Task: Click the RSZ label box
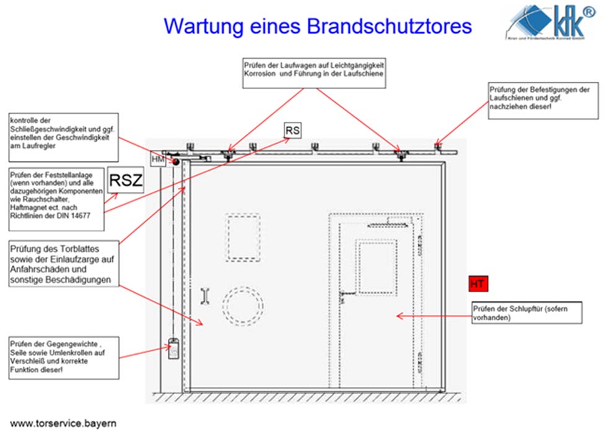click(126, 180)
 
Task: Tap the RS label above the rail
click(292, 130)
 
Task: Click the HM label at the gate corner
click(157, 160)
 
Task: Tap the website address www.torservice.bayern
click(63, 423)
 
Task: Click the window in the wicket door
click(377, 266)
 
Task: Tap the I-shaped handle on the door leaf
click(205, 296)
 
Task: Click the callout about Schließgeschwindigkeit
click(63, 132)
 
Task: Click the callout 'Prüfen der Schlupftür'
click(526, 313)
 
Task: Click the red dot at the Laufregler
click(175, 162)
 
